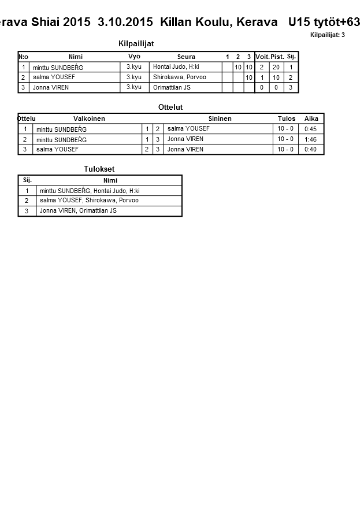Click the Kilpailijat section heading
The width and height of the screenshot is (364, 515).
[136, 44]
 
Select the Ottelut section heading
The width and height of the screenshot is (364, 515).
[170, 108]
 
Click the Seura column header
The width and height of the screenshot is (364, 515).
[186, 57]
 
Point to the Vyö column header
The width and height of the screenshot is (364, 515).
[134, 56]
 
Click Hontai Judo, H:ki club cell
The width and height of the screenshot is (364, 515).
[176, 67]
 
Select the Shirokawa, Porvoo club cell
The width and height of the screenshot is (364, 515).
[179, 77]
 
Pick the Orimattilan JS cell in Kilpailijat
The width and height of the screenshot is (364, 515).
[172, 88]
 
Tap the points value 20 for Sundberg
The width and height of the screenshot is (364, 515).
[276, 67]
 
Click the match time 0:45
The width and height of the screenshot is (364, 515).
[311, 129]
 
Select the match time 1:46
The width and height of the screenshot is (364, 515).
[311, 139]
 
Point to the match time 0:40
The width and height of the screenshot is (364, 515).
[311, 150]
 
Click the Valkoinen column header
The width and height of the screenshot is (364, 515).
[89, 118]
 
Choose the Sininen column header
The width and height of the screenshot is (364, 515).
[220, 118]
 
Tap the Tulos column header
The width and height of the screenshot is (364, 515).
[287, 118]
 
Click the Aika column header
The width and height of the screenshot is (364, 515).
[311, 118]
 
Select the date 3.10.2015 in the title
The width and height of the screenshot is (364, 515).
[125, 22]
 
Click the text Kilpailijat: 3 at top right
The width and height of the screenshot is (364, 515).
[328, 35]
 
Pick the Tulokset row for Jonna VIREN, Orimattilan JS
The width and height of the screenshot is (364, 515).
[78, 211]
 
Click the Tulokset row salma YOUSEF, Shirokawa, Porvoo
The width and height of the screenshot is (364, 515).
[89, 201]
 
